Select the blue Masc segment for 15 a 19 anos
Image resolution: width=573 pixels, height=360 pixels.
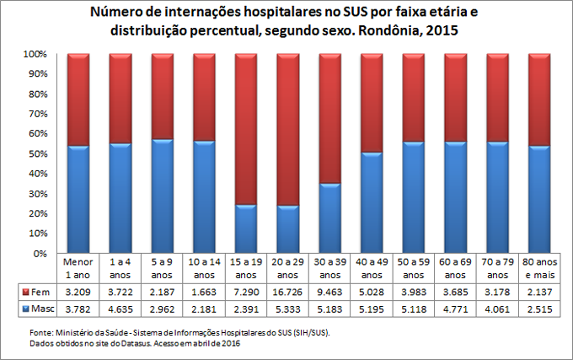point(246,228)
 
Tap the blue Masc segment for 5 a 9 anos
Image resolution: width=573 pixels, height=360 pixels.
point(162,196)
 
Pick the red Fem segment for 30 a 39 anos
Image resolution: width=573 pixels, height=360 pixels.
point(329,118)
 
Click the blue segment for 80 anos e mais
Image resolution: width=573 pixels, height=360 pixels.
point(539,199)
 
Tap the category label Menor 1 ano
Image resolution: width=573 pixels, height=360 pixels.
point(78,268)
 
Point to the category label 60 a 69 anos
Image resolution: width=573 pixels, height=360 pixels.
point(455,268)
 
